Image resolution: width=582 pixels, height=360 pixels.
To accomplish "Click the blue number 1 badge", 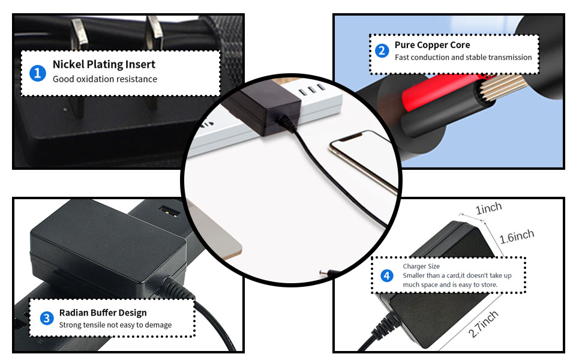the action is [x=37, y=73].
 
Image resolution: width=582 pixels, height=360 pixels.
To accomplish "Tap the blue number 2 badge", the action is [x=382, y=50].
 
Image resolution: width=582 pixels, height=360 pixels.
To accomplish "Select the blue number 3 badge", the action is [x=47, y=318].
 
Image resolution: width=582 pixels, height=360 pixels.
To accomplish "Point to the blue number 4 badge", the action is [x=387, y=275].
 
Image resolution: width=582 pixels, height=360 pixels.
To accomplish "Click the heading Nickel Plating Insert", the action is [x=104, y=64].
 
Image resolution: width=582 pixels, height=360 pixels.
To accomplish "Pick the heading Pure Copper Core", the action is [x=433, y=45].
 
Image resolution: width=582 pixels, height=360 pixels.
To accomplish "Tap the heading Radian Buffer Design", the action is [x=103, y=313].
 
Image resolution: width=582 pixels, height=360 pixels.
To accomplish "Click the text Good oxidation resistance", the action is [x=104, y=79].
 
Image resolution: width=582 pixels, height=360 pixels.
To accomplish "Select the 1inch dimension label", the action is [x=488, y=208].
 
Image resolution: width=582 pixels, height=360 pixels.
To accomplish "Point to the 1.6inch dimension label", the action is [x=517, y=236].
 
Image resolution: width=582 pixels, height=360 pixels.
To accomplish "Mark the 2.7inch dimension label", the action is [x=483, y=324].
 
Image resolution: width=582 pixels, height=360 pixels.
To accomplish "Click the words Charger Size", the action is [x=421, y=266].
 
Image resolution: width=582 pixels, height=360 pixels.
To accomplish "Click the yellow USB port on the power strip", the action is [x=170, y=211].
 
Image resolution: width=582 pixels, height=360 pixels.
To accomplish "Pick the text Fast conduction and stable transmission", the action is [x=463, y=57].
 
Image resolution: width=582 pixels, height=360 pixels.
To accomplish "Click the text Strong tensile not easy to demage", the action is [x=115, y=325].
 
